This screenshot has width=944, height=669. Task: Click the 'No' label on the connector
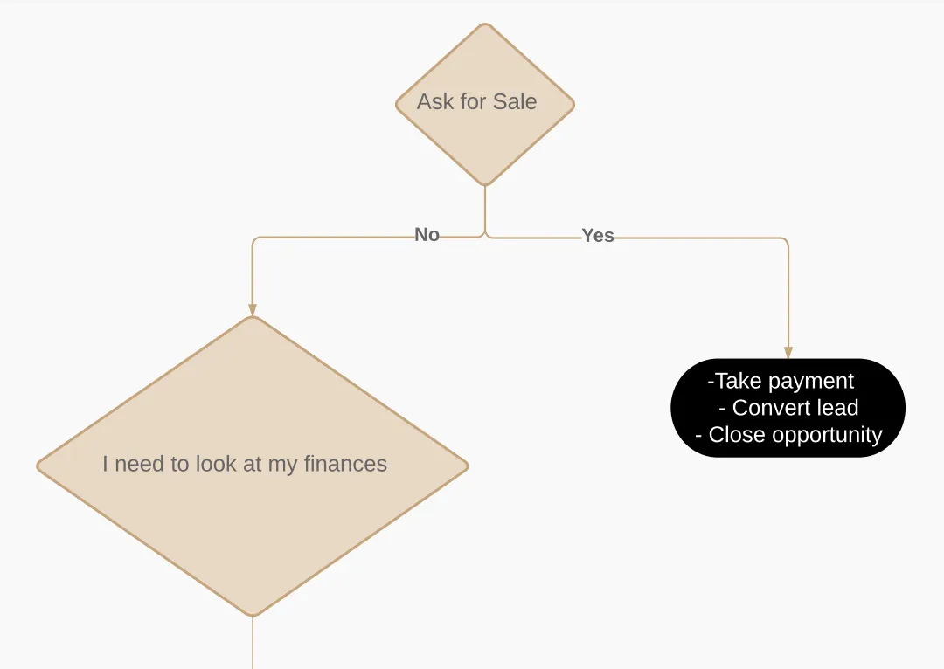(427, 235)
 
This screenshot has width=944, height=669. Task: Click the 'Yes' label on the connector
(598, 236)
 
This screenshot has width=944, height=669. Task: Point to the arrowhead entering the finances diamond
(253, 310)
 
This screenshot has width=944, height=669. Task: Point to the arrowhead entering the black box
(788, 353)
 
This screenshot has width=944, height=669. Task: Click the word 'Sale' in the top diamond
(515, 102)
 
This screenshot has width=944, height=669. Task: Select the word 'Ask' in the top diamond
(435, 102)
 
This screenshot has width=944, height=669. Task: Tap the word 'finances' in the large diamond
(345, 464)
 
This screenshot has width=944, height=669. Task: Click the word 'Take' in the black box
(739, 382)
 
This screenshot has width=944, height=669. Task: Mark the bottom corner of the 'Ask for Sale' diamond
(485, 183)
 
